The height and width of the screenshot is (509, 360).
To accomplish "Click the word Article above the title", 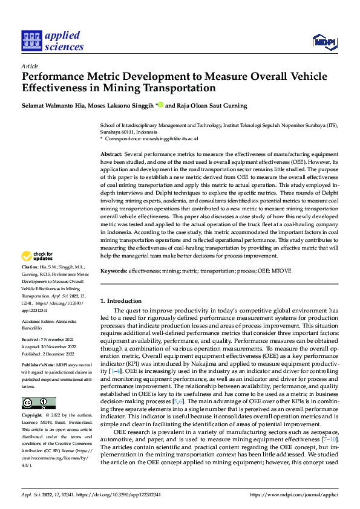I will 30,66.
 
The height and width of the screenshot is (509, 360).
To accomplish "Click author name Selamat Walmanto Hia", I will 53,105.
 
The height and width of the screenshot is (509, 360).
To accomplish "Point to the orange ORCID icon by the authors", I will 161,105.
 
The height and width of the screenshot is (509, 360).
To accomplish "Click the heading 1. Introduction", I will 121,300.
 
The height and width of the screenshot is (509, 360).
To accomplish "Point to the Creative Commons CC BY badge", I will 38,403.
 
